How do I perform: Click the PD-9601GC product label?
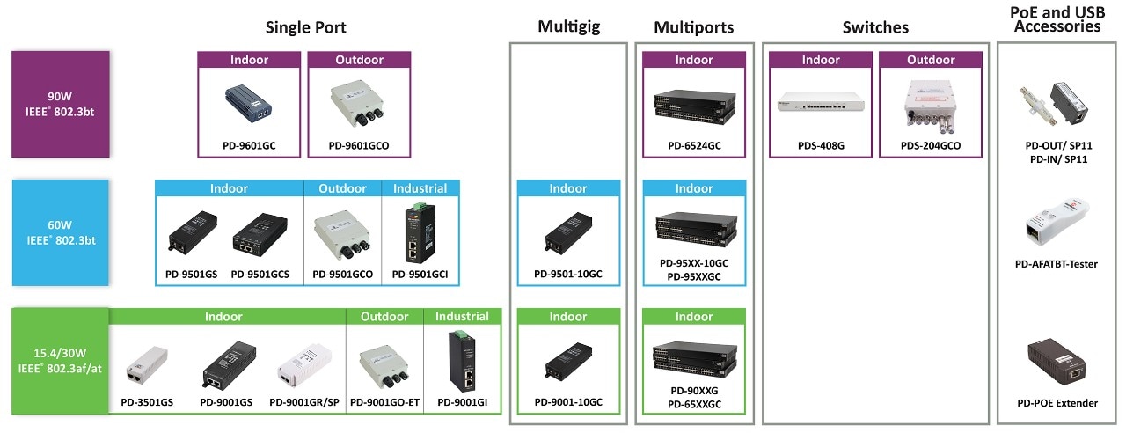point(250,145)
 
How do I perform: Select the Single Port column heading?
point(305,27)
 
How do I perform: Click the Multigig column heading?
point(568,27)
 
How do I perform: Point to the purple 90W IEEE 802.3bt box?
point(61,104)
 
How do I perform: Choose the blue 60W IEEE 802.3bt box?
point(61,231)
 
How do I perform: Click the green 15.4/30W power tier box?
point(61,361)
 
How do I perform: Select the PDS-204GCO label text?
point(931,145)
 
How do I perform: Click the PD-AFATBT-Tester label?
point(1057,263)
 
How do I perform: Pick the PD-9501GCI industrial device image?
point(420,234)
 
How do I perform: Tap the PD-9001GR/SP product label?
point(304,402)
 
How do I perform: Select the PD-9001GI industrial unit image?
point(462,363)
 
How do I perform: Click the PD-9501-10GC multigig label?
point(568,274)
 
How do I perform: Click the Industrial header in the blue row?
point(420,188)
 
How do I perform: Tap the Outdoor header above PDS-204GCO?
point(931,60)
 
